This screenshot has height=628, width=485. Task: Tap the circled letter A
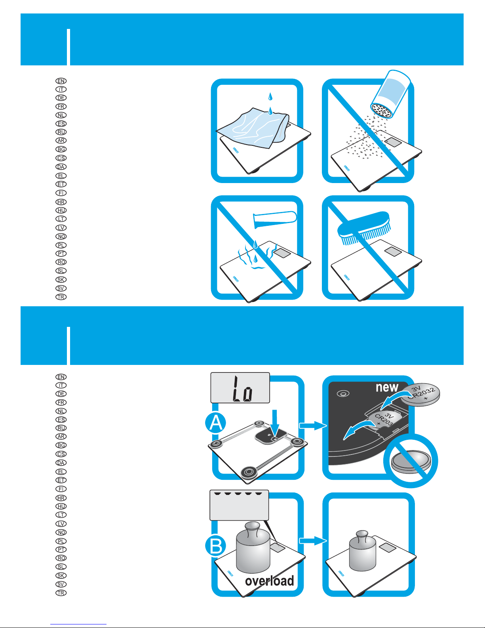coord(216,423)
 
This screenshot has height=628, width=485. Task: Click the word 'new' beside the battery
coord(387,387)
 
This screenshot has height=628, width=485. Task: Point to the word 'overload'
coord(269,581)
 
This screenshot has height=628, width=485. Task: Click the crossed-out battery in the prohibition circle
coord(411,461)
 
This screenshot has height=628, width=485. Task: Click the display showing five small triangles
coord(239,505)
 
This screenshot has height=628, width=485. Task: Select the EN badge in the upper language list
coord(61,81)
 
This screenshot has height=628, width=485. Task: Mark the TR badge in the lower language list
coord(61,593)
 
